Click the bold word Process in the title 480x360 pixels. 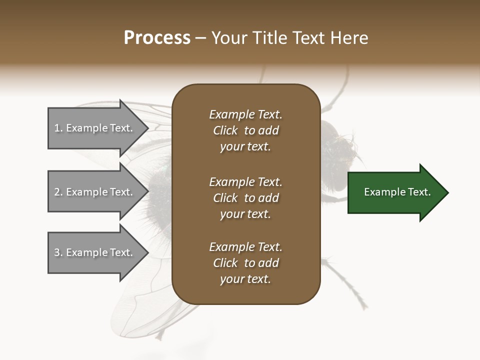click(x=157, y=38)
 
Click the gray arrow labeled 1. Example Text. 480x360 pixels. click(x=95, y=128)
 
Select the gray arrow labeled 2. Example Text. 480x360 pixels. click(x=95, y=192)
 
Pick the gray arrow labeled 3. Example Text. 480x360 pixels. click(x=95, y=252)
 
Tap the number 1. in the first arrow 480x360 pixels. click(x=58, y=128)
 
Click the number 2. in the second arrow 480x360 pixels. click(x=58, y=192)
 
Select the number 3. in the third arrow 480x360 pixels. click(x=58, y=252)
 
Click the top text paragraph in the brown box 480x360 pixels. click(x=245, y=130)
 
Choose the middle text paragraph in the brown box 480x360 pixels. click(x=245, y=198)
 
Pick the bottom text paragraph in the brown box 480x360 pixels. click(x=245, y=263)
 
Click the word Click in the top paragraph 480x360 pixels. click(x=225, y=130)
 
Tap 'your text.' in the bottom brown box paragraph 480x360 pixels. click(x=245, y=279)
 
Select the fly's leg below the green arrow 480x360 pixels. click(x=350, y=280)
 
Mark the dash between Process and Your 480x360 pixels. click(x=201, y=38)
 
